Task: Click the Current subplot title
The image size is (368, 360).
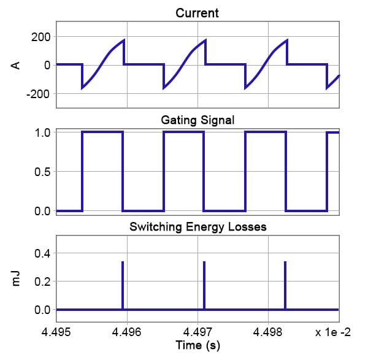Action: click(x=196, y=12)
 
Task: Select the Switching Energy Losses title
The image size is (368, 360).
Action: click(x=197, y=227)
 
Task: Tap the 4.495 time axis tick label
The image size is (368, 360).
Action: click(x=56, y=332)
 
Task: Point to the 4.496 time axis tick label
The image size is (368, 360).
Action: click(x=127, y=332)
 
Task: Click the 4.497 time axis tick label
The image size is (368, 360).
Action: click(x=197, y=332)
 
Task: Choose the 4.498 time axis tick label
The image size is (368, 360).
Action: click(x=268, y=332)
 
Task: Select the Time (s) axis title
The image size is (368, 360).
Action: click(x=197, y=346)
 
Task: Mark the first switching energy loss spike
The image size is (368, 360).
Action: click(x=123, y=285)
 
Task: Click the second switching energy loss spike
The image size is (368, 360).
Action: click(x=204, y=285)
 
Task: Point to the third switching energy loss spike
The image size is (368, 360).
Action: click(x=285, y=285)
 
